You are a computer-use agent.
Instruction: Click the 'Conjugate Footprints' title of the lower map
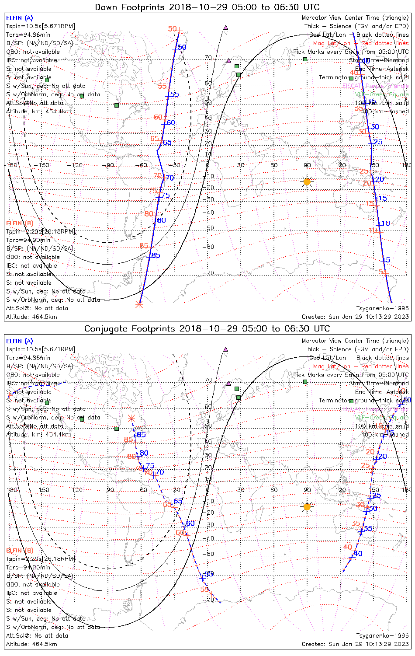[131, 328]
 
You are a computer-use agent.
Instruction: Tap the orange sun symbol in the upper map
[307, 181]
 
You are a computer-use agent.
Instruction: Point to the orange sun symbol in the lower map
[307, 507]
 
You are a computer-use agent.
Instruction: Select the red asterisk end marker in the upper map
[139, 304]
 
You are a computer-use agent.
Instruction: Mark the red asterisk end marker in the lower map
[131, 419]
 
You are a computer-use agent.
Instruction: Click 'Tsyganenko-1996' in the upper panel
[382, 308]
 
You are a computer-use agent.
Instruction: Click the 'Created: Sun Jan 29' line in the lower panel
[355, 644]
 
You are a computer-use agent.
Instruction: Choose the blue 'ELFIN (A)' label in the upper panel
[19, 18]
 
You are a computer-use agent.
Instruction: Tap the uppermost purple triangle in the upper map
[226, 27]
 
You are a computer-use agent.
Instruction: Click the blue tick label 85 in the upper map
[156, 255]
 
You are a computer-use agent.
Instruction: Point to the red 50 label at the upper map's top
[173, 29]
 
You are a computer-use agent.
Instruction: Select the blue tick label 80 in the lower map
[144, 453]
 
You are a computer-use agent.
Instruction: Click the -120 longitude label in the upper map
[77, 165]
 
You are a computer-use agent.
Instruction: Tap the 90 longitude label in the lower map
[307, 490]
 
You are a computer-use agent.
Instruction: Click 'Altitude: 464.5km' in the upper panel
[31, 317]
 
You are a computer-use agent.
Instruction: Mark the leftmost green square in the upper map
[47, 80]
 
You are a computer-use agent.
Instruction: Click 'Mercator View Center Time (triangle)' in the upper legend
[355, 18]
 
